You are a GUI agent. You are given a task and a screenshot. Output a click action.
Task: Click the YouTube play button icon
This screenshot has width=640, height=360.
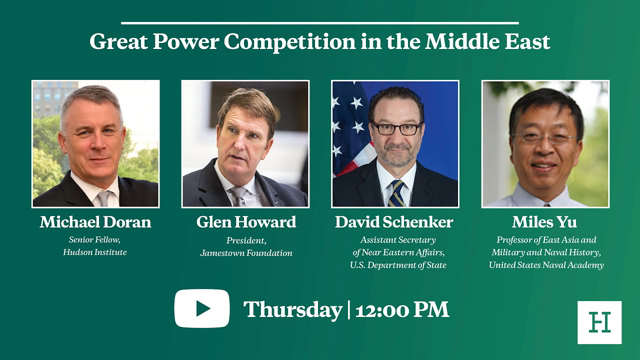(x=202, y=309)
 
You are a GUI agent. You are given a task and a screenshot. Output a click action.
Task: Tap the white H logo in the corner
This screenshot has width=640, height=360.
(x=599, y=322)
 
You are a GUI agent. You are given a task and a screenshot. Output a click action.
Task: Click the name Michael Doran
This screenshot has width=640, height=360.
(x=95, y=221)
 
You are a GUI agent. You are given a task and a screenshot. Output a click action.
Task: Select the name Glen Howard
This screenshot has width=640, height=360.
(x=245, y=221)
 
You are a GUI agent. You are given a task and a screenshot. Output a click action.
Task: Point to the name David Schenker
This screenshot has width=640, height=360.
(x=395, y=221)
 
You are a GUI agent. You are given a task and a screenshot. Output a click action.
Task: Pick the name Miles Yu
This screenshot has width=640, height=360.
(x=545, y=221)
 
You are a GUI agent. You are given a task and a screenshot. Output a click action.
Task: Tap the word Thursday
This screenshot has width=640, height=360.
(x=292, y=309)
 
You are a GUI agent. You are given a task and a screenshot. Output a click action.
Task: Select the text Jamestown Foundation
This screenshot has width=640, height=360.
(x=245, y=253)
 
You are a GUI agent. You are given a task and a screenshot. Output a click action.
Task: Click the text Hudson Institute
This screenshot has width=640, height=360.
(x=95, y=253)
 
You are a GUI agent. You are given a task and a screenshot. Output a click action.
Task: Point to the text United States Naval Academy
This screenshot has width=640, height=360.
(x=545, y=264)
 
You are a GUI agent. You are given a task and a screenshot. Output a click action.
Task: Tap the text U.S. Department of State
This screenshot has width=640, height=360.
(x=395, y=264)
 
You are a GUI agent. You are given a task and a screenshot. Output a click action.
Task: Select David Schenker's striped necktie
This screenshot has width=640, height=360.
(x=396, y=192)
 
